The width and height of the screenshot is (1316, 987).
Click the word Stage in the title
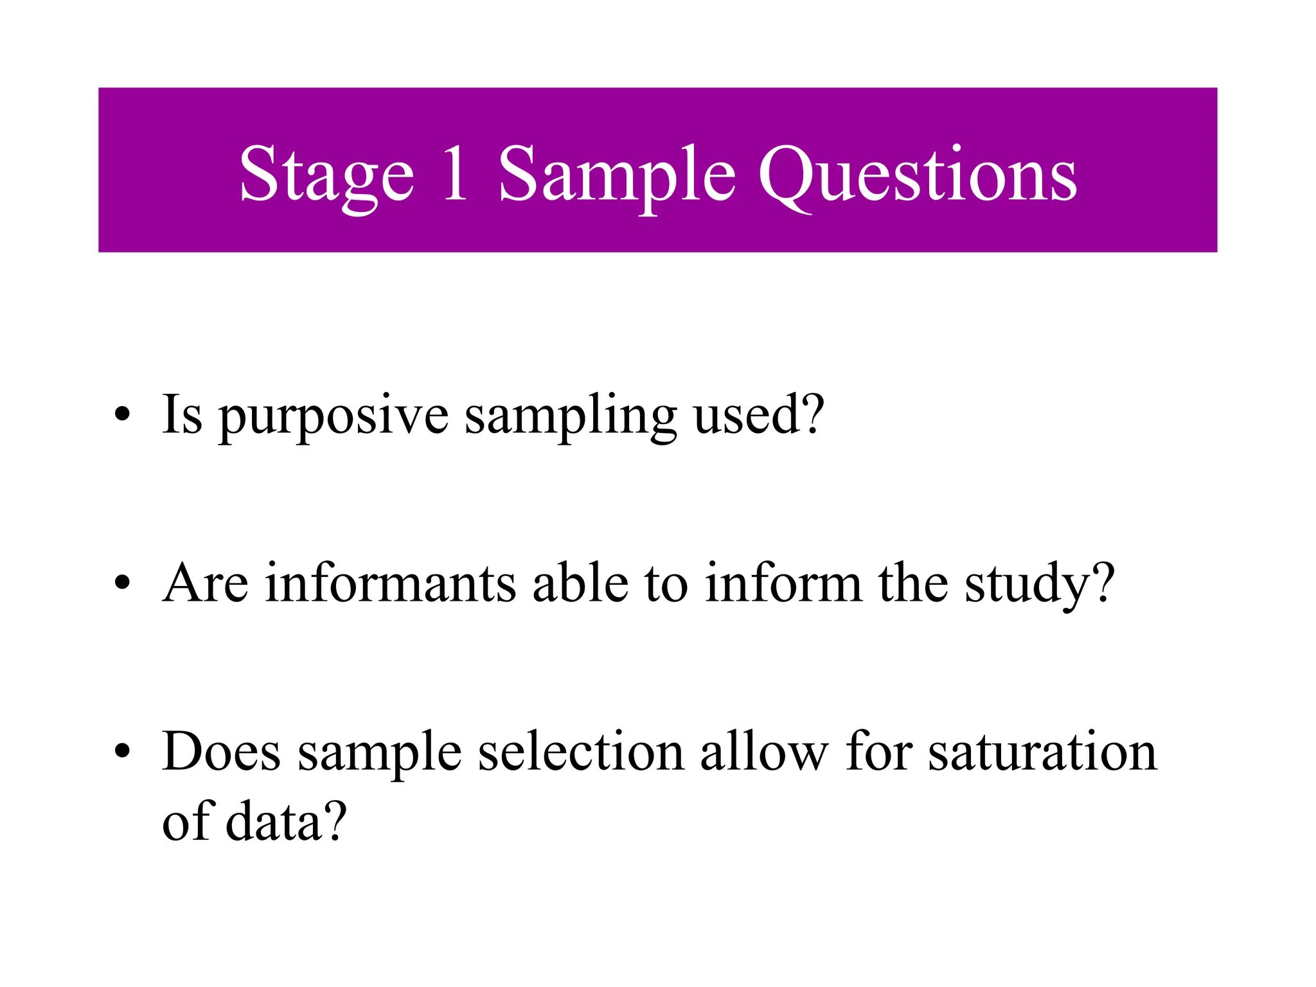tap(326, 175)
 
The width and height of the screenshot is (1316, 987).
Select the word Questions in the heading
tap(918, 175)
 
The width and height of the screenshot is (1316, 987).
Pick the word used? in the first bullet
tap(758, 414)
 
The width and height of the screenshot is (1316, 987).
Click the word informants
tap(391, 583)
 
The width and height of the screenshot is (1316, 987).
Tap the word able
tap(580, 583)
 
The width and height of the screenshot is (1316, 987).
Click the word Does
tap(222, 751)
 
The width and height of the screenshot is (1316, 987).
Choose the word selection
tap(581, 751)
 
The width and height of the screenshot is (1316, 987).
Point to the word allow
tap(764, 751)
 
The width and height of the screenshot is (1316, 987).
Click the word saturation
tap(1042, 751)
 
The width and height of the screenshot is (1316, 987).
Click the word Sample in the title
tap(617, 175)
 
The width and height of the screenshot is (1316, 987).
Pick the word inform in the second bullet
tap(783, 583)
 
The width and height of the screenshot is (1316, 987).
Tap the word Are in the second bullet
tap(205, 583)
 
